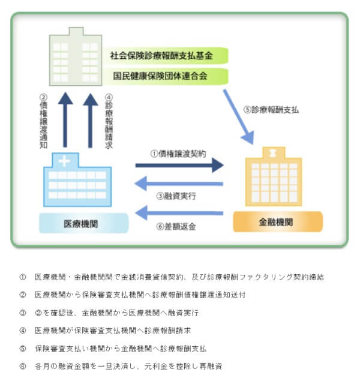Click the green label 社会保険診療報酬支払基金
(x=160, y=56)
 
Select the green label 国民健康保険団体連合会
(x=160, y=76)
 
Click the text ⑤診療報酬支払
(x=271, y=110)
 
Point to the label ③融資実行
(x=176, y=196)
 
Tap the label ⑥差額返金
(x=176, y=227)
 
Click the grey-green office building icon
(x=75, y=57)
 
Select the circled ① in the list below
(x=23, y=277)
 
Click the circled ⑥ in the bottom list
(x=23, y=366)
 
